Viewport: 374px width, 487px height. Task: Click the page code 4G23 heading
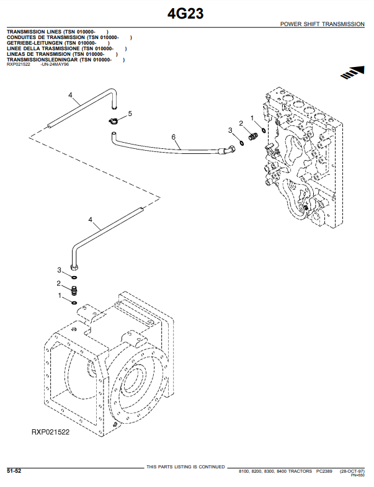(185, 13)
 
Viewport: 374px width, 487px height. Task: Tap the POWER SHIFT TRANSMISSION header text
(322, 24)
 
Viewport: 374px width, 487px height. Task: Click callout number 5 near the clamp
(130, 114)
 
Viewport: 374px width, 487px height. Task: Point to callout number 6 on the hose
(174, 136)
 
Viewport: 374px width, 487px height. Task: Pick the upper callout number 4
(71, 96)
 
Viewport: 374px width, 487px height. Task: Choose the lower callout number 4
(91, 220)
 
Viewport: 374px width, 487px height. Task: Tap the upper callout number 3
(230, 130)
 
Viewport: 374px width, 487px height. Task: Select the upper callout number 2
(241, 123)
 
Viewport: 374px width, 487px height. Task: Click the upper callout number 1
(252, 117)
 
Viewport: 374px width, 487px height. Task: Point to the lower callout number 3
(60, 270)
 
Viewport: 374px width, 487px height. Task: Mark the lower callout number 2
(60, 283)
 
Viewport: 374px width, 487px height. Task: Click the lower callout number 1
(60, 296)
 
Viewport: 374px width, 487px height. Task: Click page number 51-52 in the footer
(14, 471)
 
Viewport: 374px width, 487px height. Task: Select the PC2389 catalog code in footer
(325, 471)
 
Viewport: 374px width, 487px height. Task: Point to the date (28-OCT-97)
(352, 471)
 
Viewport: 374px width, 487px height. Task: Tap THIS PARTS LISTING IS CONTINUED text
(185, 467)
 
